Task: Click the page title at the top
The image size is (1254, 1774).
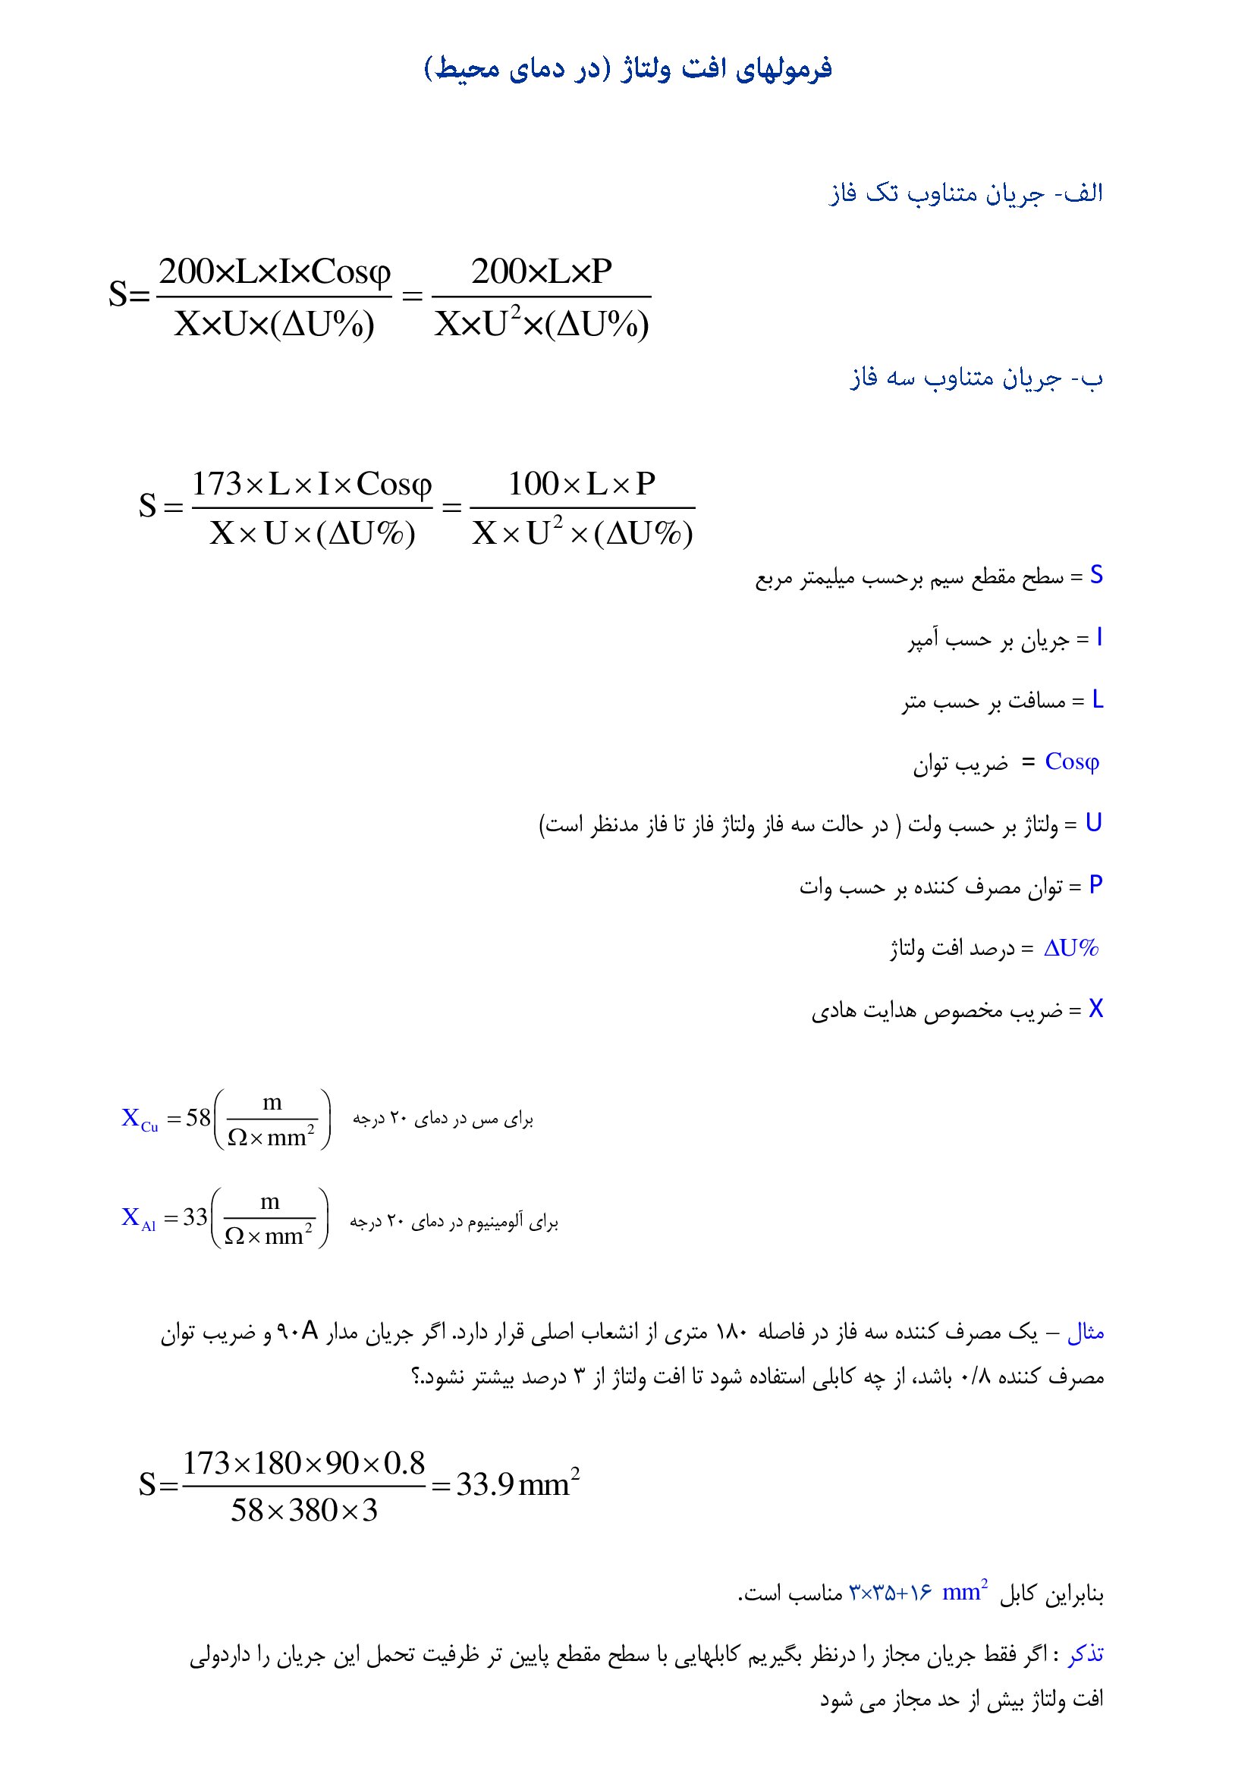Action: coord(627,69)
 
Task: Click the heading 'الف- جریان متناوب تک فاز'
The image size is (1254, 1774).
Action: coord(966,193)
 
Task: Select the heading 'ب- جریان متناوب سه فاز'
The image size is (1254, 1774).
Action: coord(976,378)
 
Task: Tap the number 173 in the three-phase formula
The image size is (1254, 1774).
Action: coord(217,485)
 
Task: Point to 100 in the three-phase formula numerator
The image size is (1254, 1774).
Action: coord(533,485)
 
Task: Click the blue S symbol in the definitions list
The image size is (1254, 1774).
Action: coord(1095,575)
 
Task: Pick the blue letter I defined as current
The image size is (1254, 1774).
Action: coord(1098,637)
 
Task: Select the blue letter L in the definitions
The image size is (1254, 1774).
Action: coord(1097,700)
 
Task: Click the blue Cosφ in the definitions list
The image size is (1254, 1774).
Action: coord(1072,761)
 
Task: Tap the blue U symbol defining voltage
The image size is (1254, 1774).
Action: coord(1093,824)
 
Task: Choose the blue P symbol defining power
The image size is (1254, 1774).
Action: coord(1095,885)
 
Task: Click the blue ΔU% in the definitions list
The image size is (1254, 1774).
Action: coord(1072,948)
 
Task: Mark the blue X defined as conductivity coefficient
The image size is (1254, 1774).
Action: coord(1095,1009)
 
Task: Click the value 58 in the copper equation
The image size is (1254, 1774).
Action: coord(199,1117)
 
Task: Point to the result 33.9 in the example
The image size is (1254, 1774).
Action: coord(486,1484)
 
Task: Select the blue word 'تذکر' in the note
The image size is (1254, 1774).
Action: coord(1086,1654)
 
